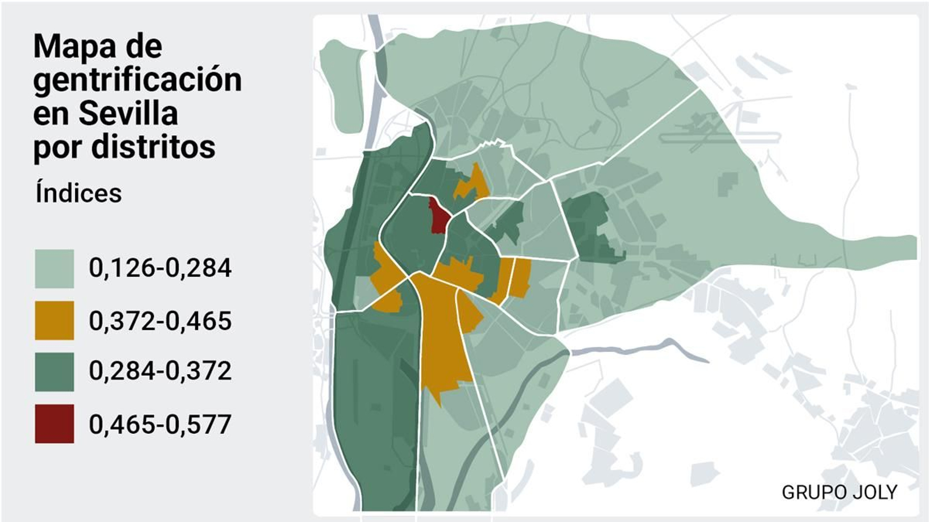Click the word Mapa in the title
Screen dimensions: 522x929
coord(68,46)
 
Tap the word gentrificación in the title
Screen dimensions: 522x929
coord(137,80)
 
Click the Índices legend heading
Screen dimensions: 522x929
coord(78,193)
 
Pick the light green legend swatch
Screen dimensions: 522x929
coord(54,269)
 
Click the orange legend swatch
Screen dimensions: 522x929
coord(54,320)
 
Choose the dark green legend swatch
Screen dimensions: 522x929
coord(54,371)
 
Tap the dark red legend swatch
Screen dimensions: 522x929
coord(54,423)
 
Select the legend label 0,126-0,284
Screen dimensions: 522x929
coord(160,268)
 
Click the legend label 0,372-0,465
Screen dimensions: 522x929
coord(160,321)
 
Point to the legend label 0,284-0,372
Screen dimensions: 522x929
coord(160,371)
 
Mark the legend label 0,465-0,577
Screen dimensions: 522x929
coord(160,424)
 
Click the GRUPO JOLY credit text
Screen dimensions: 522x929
coord(839,492)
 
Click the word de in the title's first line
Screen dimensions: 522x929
coord(143,46)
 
